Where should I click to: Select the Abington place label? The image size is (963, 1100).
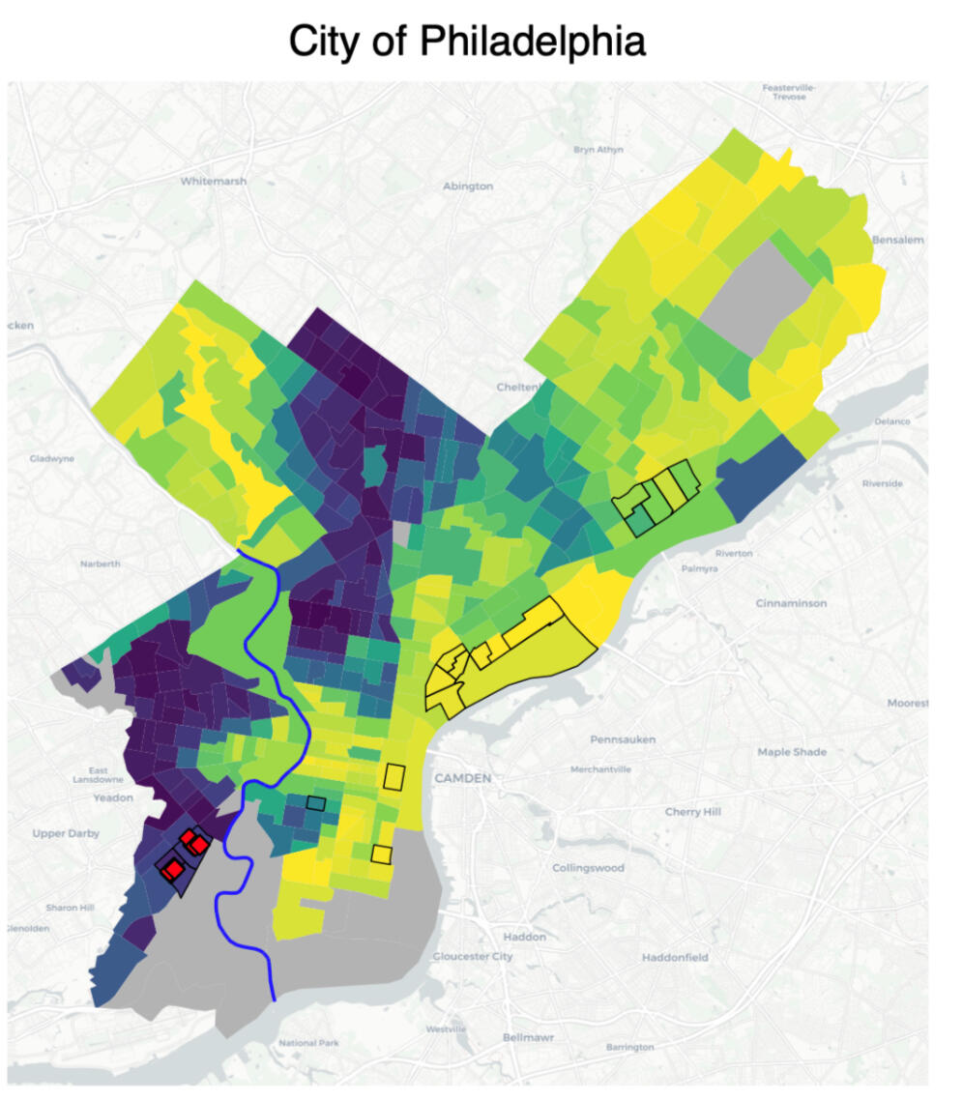(467, 186)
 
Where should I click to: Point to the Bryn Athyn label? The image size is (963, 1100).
(598, 150)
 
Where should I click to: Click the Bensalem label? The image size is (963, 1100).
(898, 239)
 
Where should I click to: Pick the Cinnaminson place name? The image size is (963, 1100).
(791, 603)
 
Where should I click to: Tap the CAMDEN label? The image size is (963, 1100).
(463, 777)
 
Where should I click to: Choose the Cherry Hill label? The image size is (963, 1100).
(693, 811)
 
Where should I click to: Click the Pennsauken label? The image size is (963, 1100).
(623, 739)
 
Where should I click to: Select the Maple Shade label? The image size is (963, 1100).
(793, 751)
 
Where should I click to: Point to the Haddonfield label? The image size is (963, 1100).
(675, 957)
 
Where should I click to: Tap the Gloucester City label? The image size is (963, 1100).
(473, 956)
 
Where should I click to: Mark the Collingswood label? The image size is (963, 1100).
(588, 868)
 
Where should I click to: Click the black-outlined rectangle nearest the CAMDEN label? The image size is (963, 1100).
(394, 776)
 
